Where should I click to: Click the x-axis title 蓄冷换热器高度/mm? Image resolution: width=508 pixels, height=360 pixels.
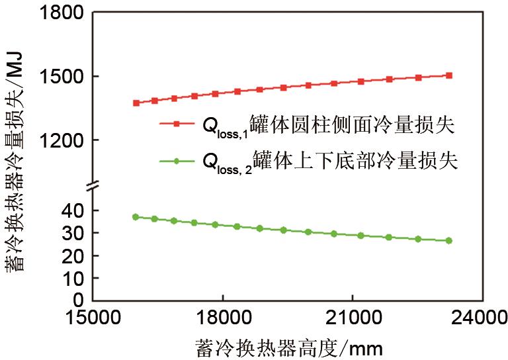[x=289, y=346]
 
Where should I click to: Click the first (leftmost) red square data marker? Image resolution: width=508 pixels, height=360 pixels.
[x=136, y=103]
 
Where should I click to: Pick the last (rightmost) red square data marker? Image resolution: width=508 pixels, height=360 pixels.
[x=449, y=75]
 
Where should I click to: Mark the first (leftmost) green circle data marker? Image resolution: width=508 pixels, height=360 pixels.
[x=136, y=217]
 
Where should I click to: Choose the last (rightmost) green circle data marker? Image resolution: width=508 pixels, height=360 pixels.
[x=449, y=241]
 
